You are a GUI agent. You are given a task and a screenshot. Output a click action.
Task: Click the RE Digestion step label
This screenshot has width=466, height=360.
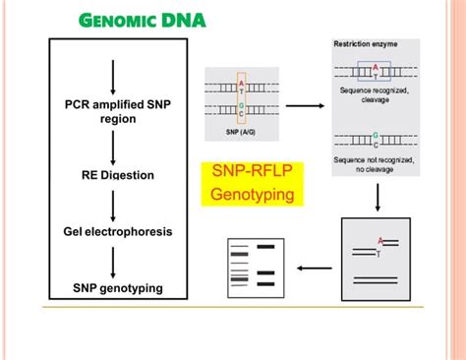click(x=118, y=176)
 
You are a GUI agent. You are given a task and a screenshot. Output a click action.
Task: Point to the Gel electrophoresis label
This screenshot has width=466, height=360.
click(x=117, y=232)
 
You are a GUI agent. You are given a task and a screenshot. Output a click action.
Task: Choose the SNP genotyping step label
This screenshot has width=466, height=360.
click(x=117, y=287)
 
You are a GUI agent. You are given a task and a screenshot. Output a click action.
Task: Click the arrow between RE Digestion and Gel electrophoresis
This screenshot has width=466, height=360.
click(x=116, y=205)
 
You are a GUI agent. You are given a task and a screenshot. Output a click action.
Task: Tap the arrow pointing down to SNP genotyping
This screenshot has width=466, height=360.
click(x=116, y=261)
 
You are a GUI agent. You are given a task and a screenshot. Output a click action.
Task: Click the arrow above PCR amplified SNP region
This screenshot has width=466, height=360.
click(x=116, y=78)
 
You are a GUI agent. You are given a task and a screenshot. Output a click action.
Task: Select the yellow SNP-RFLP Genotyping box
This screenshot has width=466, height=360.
click(x=253, y=184)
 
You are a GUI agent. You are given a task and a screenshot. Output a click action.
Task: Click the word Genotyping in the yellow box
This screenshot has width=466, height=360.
click(x=253, y=195)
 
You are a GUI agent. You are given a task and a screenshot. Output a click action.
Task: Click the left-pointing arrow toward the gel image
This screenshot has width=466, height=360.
click(x=314, y=266)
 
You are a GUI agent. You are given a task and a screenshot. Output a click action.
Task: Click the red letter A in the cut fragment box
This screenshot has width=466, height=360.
click(x=379, y=239)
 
